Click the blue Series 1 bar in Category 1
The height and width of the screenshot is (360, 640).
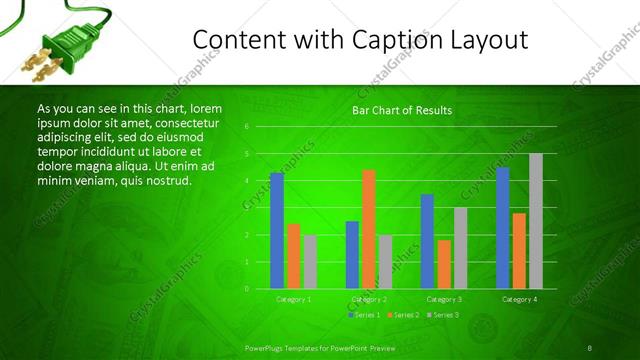(277, 230)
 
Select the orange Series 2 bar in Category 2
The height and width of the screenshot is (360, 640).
(369, 229)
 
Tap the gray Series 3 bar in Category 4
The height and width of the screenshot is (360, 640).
(536, 221)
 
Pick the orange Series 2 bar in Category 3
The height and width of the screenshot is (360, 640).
(444, 264)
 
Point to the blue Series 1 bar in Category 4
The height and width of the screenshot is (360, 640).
(503, 228)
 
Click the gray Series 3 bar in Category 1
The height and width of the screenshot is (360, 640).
(310, 261)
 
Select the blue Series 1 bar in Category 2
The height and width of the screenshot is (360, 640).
(352, 255)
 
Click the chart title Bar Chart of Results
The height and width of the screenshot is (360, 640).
(402, 110)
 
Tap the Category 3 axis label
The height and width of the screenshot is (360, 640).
(444, 299)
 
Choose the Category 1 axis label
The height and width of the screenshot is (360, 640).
(294, 299)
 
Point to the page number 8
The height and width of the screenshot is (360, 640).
(590, 348)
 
